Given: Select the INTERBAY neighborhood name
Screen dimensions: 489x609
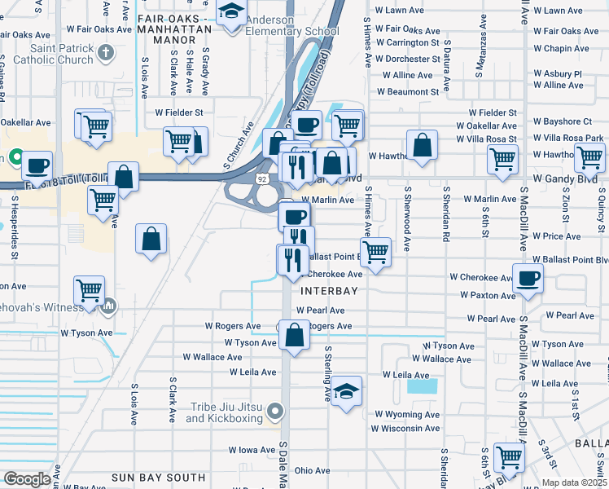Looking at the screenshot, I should point(329,290).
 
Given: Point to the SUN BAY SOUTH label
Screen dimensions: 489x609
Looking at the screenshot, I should point(159,477).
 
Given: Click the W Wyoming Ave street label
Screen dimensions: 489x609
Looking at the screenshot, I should point(406,415).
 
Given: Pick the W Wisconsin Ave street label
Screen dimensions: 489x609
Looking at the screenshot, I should point(406,428).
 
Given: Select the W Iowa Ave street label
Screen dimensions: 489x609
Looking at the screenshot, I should point(252,449).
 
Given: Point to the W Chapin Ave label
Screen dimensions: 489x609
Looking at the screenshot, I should point(566,49).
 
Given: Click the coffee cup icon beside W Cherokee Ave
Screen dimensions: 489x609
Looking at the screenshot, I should point(528,278).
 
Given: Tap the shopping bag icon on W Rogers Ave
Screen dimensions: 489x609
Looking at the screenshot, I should point(295,333).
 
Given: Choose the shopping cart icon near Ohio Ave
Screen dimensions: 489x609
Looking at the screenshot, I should point(510,457).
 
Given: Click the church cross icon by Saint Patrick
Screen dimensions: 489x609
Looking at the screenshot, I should point(105,54).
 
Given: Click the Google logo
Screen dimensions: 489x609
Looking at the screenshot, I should point(27,479).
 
